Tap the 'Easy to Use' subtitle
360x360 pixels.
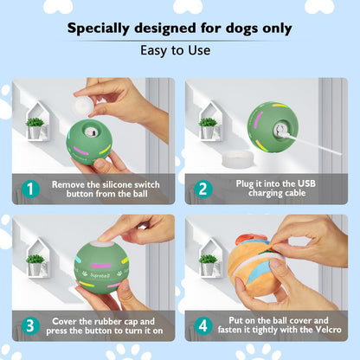click(179, 50)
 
